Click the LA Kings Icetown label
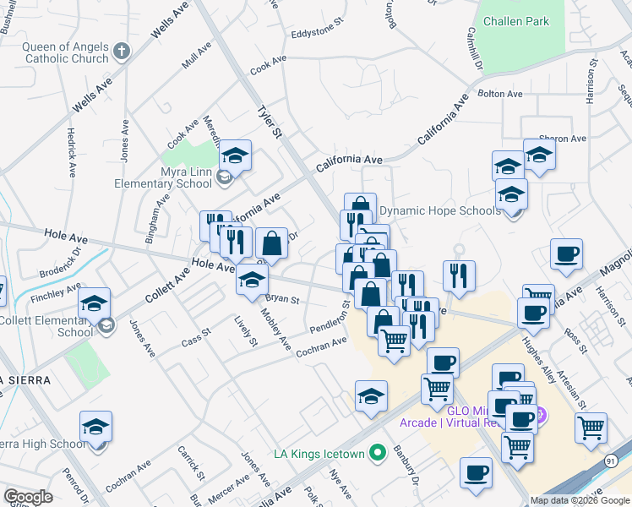(x=319, y=454)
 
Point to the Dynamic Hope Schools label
(x=439, y=210)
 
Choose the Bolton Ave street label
(x=500, y=94)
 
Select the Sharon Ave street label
(x=562, y=139)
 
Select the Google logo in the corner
(x=28, y=497)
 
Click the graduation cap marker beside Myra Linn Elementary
(x=236, y=156)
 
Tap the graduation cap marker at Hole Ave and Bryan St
(x=252, y=281)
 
